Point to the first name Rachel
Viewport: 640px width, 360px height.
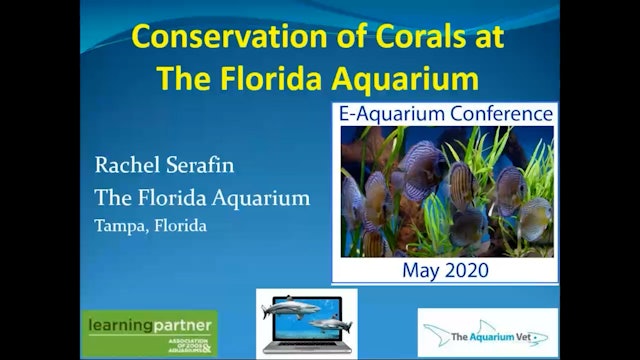coord(127,164)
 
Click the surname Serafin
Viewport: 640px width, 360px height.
coord(205,164)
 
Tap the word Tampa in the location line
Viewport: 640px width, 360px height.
coord(118,225)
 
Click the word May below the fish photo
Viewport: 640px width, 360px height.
coord(421,270)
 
